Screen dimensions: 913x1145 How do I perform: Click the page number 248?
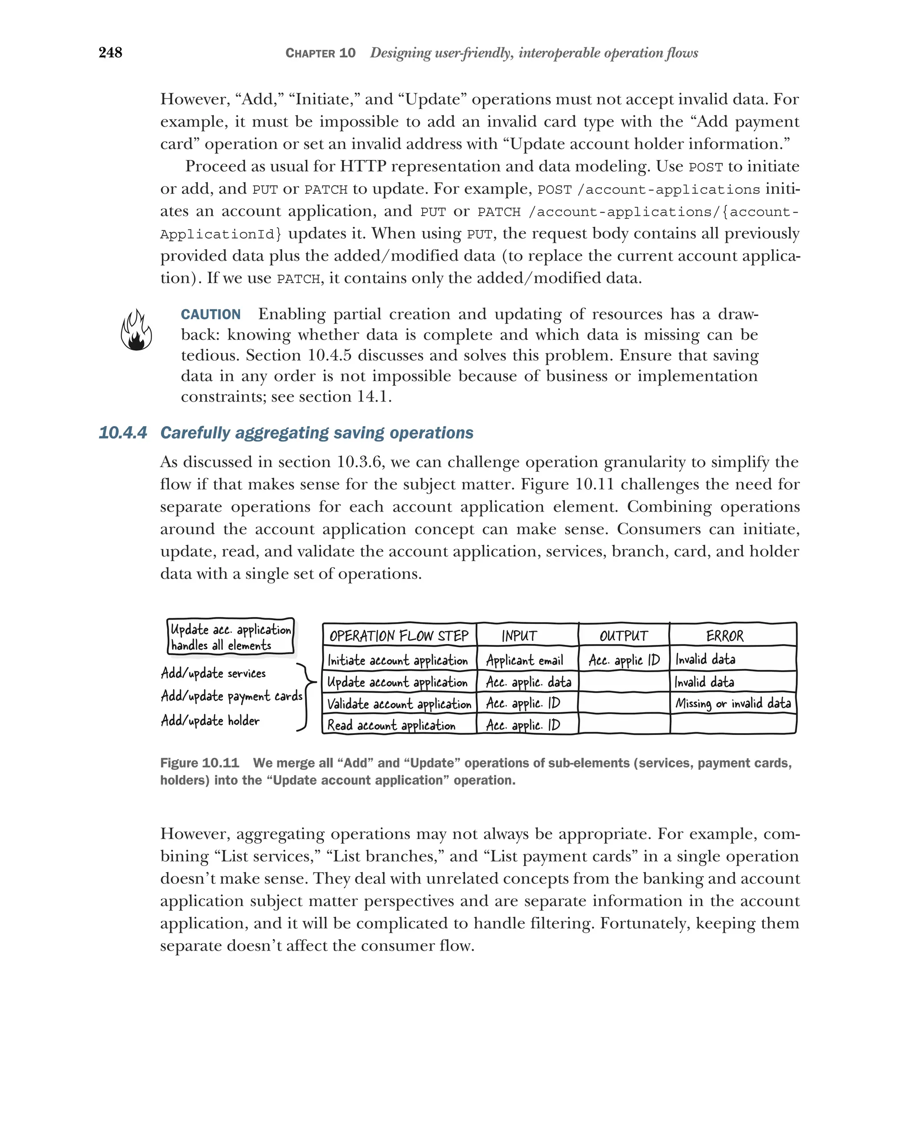point(110,53)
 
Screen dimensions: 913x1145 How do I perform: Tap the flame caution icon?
point(136,330)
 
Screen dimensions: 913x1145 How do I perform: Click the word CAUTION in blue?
point(210,314)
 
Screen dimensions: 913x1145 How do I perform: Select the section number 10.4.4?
point(123,433)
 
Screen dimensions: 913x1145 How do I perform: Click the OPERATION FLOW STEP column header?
point(399,636)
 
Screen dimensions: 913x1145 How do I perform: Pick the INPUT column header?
point(519,636)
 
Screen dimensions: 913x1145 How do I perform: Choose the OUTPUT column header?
point(624,636)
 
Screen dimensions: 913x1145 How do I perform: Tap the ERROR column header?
point(724,636)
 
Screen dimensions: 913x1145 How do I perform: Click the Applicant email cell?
point(524,660)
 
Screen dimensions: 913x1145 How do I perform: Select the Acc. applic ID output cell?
point(624,660)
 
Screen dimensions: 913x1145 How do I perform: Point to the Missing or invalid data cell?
point(733,703)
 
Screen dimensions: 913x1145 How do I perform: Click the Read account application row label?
point(391,725)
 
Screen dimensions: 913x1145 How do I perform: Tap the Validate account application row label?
point(399,704)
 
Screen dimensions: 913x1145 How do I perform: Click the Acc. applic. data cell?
point(528,682)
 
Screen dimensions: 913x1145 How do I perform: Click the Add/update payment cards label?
point(231,696)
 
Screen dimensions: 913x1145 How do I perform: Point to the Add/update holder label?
point(210,721)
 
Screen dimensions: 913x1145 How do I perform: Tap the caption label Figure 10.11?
point(199,763)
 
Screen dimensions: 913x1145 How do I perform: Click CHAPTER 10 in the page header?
point(320,53)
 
